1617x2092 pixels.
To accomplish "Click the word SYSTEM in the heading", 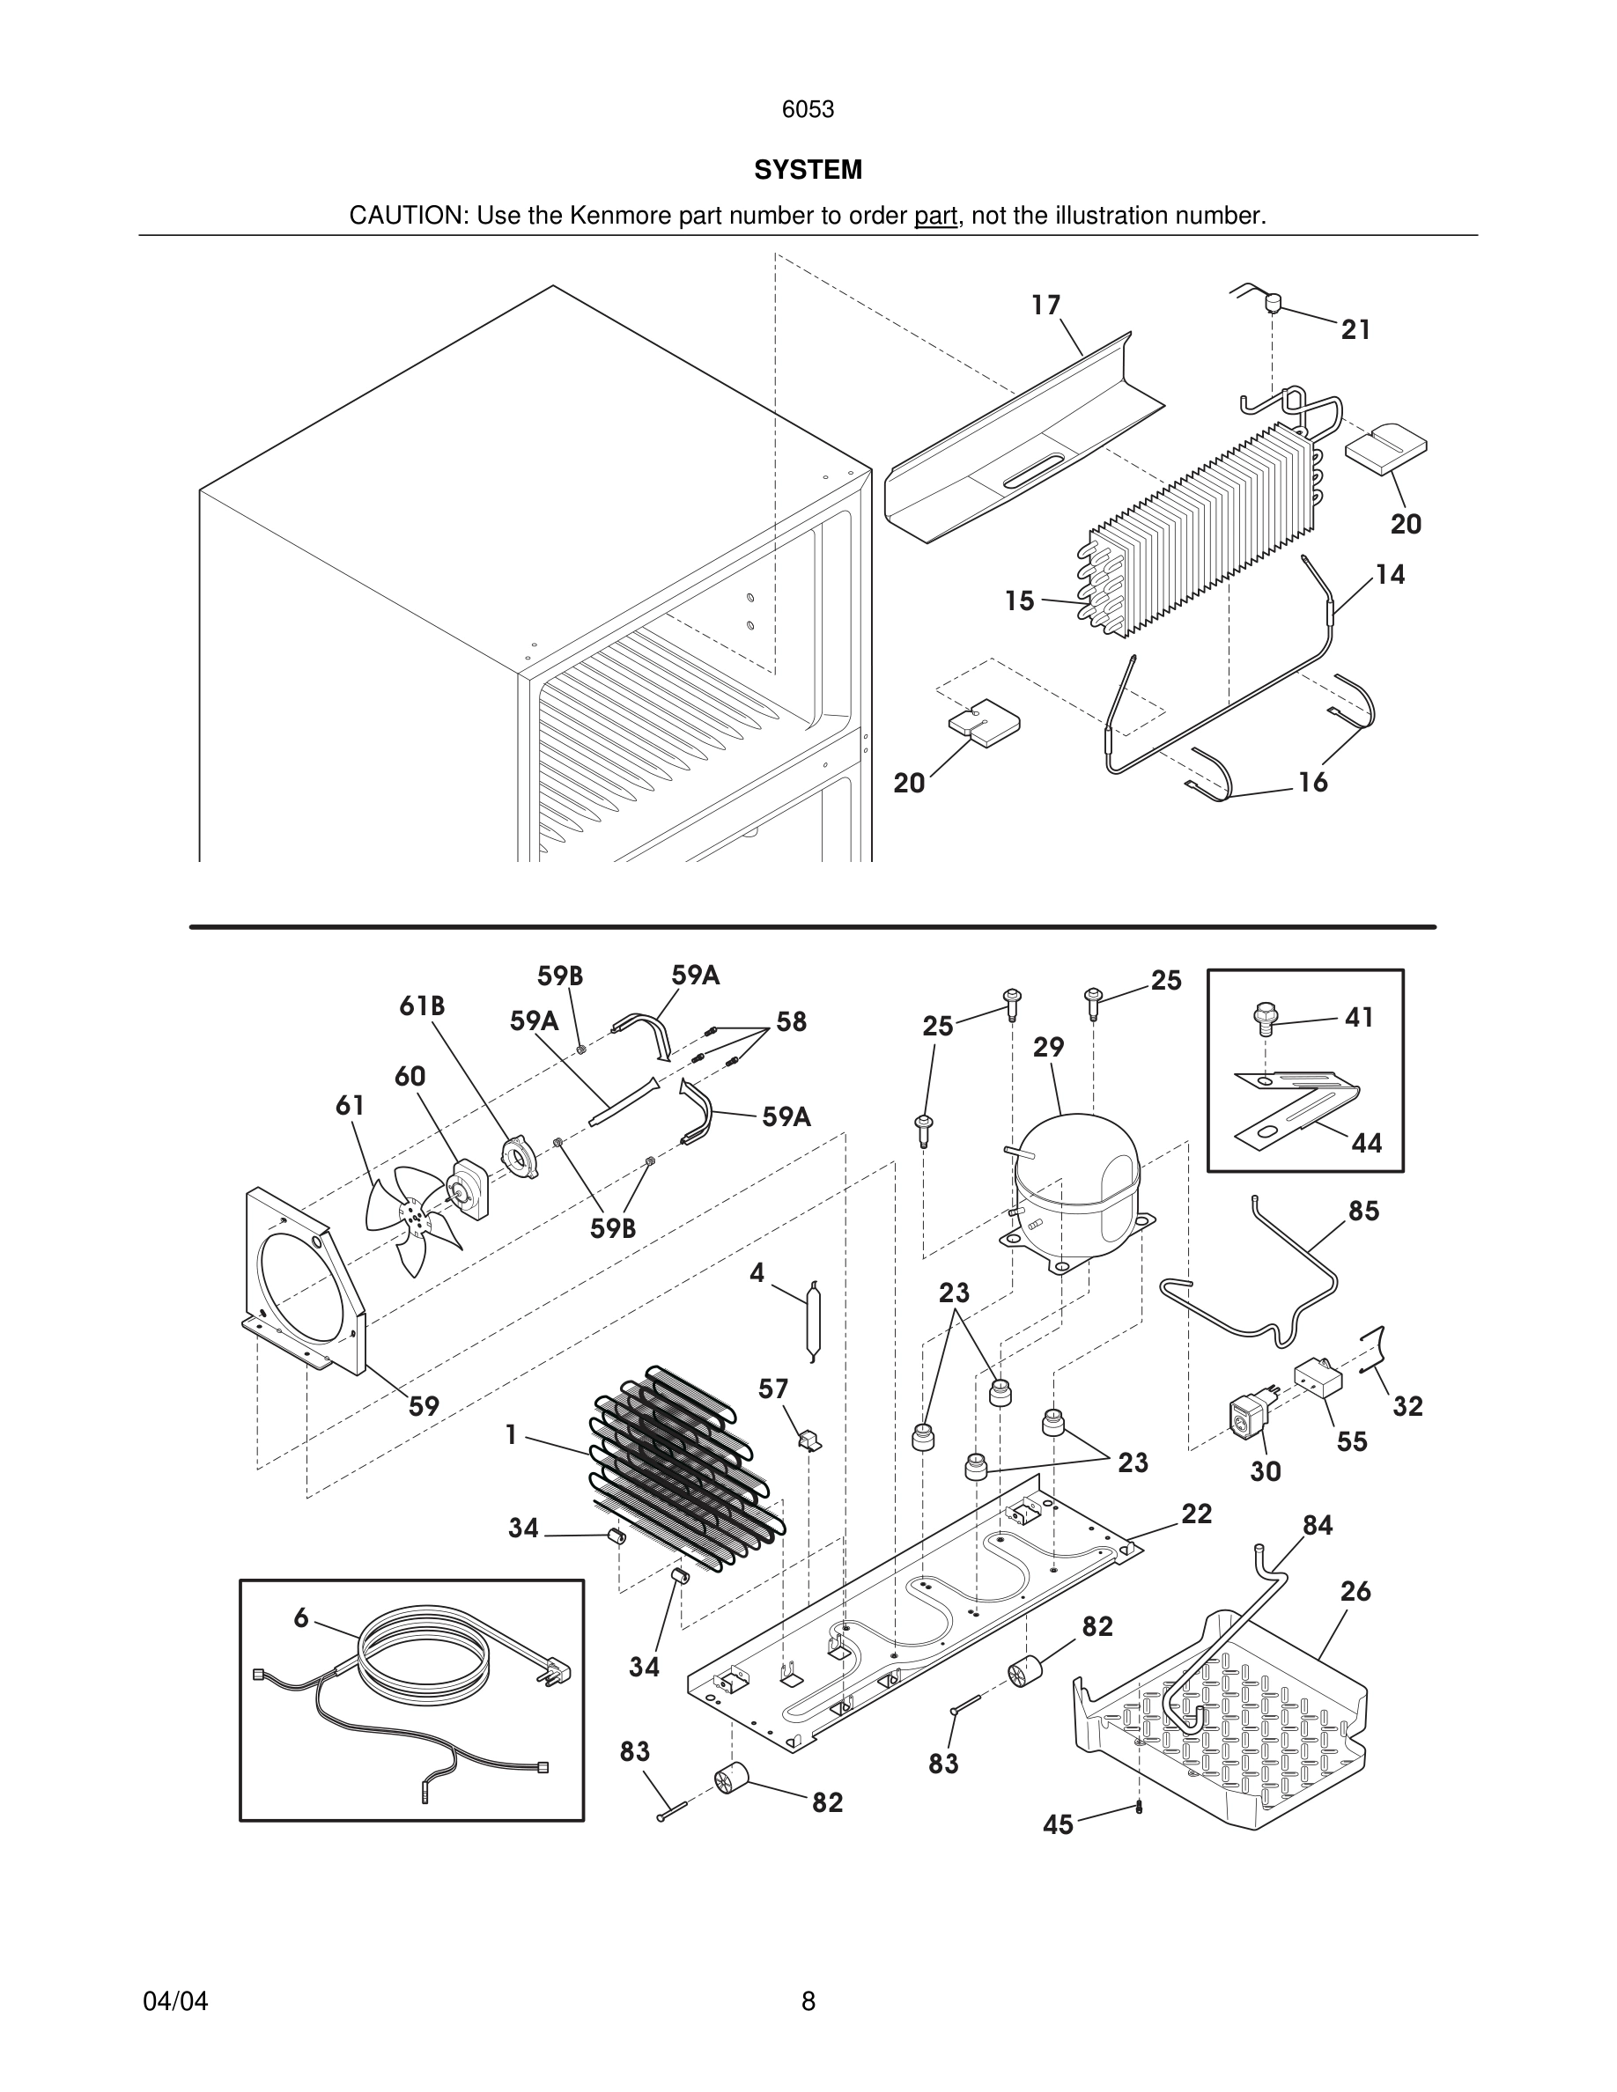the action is click(808, 170).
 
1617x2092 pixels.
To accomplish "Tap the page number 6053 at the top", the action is click(808, 110).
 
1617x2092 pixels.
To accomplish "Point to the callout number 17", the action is click(1046, 305).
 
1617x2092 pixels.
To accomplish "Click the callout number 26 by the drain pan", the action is click(1355, 1591).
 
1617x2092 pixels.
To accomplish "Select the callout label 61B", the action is click(423, 1005).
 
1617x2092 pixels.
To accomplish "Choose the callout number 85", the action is click(1364, 1211).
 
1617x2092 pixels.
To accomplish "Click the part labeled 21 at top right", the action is click(1274, 303).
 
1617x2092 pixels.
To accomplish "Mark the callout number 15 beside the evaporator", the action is click(1019, 600).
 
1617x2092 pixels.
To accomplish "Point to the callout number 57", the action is click(773, 1389).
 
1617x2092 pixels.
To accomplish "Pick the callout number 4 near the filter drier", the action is click(757, 1273).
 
